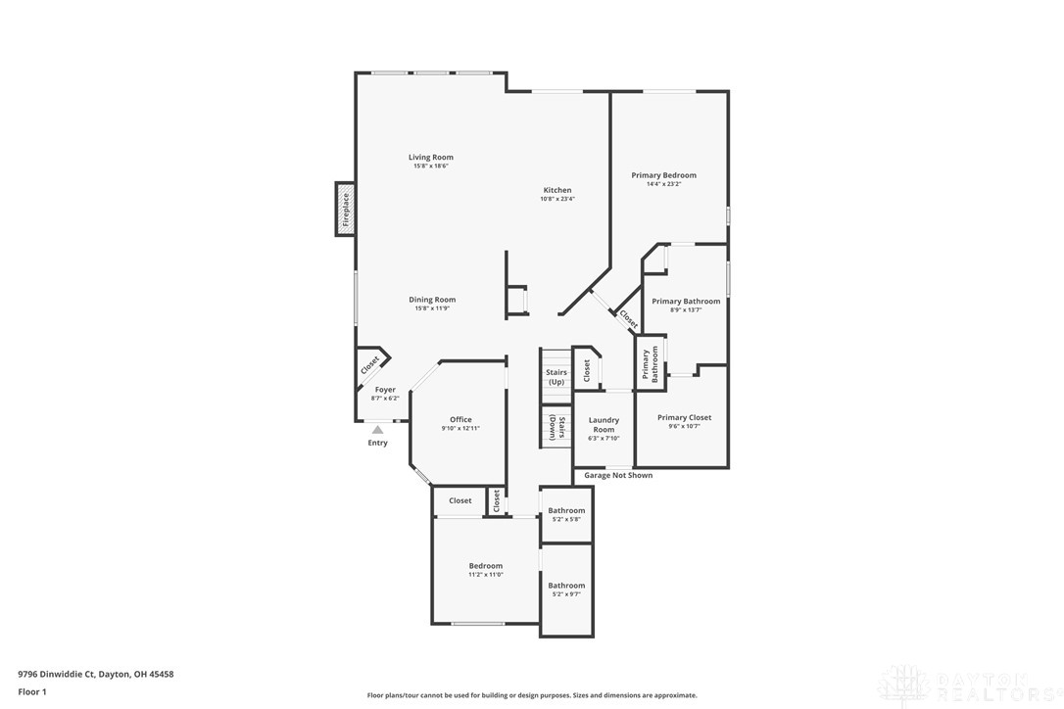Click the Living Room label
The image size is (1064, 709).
coord(431,157)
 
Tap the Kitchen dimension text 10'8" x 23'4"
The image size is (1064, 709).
coord(557,199)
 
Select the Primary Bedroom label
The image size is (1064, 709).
coord(663,175)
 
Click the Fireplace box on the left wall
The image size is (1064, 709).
coord(345,209)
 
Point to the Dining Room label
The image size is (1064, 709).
coord(432,300)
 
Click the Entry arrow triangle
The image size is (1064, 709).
coord(377,429)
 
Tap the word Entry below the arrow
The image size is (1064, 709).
coord(377,443)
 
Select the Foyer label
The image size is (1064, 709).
coord(385,390)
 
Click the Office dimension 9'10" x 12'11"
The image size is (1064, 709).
coord(460,428)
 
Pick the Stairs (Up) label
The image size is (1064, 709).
coord(556,377)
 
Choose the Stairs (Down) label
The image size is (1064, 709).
coord(556,427)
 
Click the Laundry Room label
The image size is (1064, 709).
coord(604,425)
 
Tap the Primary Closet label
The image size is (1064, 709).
coord(684,417)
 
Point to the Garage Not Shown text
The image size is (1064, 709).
coord(618,475)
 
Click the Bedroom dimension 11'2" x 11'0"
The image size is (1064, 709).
coord(486,575)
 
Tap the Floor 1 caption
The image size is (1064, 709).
coord(32,691)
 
